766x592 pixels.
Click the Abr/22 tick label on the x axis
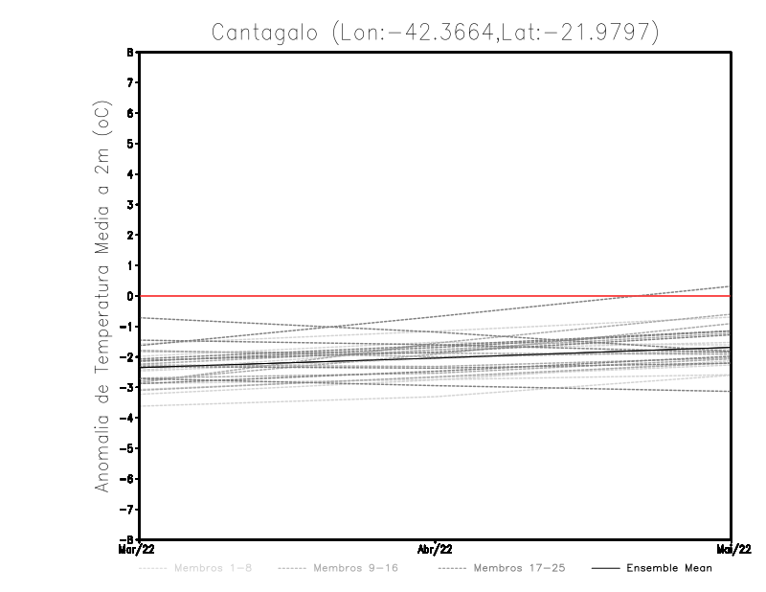pyautogui.click(x=436, y=550)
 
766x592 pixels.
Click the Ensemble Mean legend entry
pyautogui.click(x=669, y=568)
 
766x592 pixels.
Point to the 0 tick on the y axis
pyautogui.click(x=131, y=296)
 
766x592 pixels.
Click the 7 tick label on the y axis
pyautogui.click(x=131, y=83)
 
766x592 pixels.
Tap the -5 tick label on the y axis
pyautogui.click(x=128, y=448)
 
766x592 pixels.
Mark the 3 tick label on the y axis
pyautogui.click(x=131, y=205)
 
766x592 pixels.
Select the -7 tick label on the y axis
pyautogui.click(x=128, y=509)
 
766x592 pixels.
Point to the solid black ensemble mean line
pyautogui.click(x=436, y=356)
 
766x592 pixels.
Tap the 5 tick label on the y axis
pyautogui.click(x=131, y=144)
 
